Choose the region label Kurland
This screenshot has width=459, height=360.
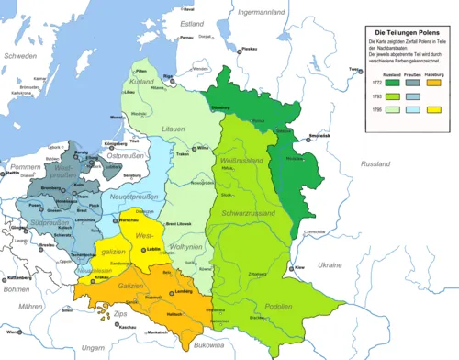pyautogui.click(x=142, y=81)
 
